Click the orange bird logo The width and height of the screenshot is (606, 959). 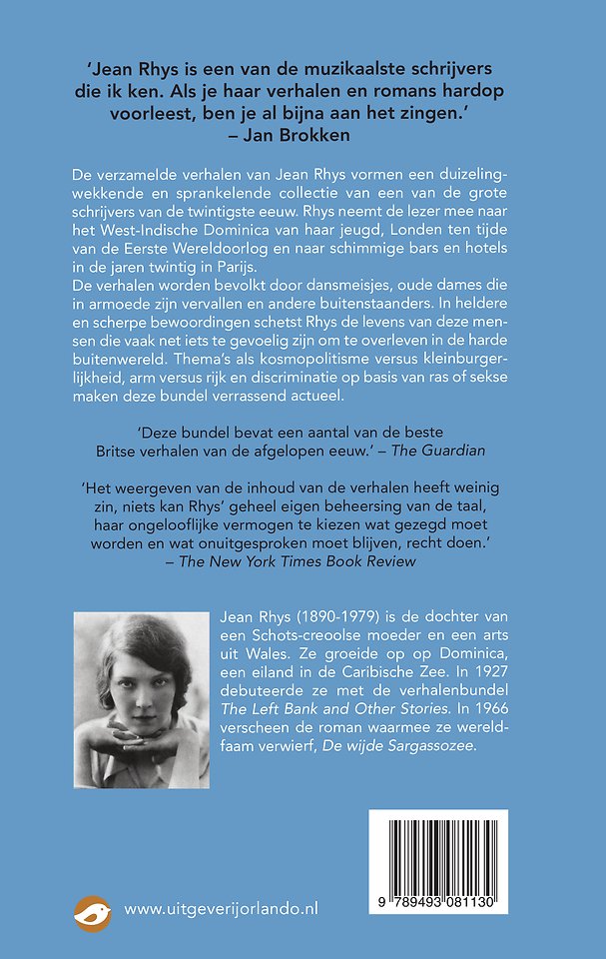click(93, 910)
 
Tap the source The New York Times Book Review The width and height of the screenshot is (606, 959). click(297, 561)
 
